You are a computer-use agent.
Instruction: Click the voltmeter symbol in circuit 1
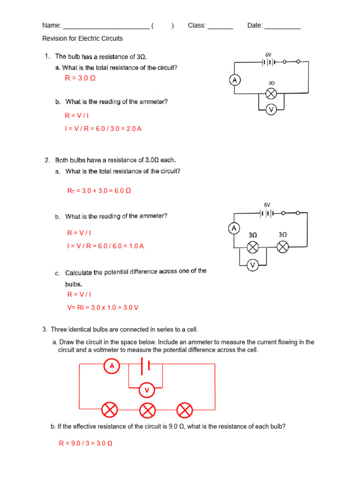coord(270,110)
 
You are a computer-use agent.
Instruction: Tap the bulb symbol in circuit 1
coord(270,94)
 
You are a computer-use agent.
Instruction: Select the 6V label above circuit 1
coord(268,55)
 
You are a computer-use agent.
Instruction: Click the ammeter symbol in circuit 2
coord(234,229)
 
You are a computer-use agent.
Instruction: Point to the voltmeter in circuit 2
coord(253,265)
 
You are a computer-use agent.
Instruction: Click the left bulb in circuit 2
coord(253,247)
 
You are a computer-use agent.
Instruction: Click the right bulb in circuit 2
coord(283,247)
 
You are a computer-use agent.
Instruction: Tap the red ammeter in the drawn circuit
coord(112,366)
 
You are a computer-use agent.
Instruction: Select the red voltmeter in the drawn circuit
coord(147,390)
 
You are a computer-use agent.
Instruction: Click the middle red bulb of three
coord(148,411)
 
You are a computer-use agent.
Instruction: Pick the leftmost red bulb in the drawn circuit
coord(110,411)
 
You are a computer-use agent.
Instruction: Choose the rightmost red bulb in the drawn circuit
coord(185,411)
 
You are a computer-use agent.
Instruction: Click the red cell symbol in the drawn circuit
coord(145,366)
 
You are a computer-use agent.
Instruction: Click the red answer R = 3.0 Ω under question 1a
coord(80,78)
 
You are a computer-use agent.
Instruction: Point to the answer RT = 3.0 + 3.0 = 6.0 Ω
coord(99,191)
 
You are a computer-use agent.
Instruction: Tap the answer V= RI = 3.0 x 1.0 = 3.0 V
coord(103,307)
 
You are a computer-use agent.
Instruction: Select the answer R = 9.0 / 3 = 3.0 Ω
coord(85,443)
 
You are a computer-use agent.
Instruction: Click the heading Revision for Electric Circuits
coord(82,38)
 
